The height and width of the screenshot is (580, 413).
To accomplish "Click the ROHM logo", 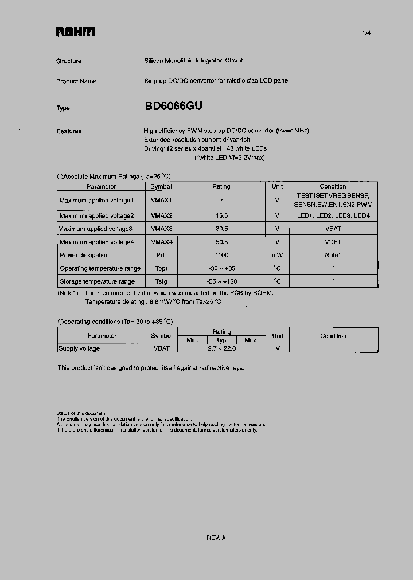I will pyautogui.click(x=75, y=32).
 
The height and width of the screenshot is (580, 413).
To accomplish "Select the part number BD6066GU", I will pyautogui.click(x=173, y=107).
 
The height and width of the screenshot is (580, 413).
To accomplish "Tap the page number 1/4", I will pyautogui.click(x=367, y=33).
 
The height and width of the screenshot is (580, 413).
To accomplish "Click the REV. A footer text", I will pyautogui.click(x=216, y=538).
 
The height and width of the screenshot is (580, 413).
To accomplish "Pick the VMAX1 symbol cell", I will pyautogui.click(x=161, y=200).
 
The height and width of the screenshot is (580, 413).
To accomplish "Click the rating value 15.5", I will pyautogui.click(x=221, y=216).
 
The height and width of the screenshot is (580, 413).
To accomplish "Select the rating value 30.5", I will pyautogui.click(x=221, y=229).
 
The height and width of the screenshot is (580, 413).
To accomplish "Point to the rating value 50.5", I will pyautogui.click(x=221, y=242).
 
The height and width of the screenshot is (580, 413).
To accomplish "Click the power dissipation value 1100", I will pyautogui.click(x=221, y=255).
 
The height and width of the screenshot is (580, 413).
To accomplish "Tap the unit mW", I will pyautogui.click(x=277, y=255).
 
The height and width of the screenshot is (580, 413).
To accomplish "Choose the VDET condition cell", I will pyautogui.click(x=333, y=242).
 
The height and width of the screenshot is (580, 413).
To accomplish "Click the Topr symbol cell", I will pyautogui.click(x=161, y=268).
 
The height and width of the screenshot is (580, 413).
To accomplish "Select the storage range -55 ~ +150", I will pyautogui.click(x=221, y=281).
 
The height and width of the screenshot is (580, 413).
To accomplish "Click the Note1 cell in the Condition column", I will pyautogui.click(x=333, y=255).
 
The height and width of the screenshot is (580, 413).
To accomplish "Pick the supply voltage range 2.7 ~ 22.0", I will pyautogui.click(x=221, y=348).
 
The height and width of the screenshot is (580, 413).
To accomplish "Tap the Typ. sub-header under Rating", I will pyautogui.click(x=221, y=340).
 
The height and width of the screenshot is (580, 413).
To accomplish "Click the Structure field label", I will pyautogui.click(x=69, y=61).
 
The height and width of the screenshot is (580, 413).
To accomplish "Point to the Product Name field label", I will pyautogui.click(x=76, y=81).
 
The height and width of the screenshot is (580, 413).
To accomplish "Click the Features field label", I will pyautogui.click(x=69, y=131).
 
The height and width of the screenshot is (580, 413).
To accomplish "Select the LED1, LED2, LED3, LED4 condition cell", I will pyautogui.click(x=333, y=216).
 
